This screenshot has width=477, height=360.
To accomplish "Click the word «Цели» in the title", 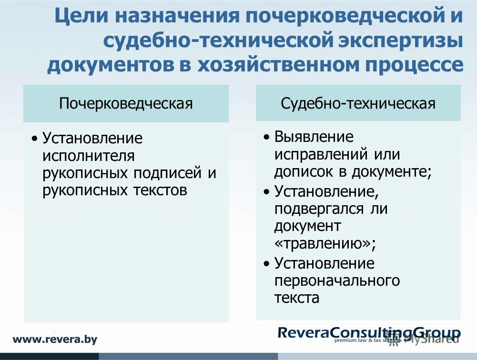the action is (x=81, y=16).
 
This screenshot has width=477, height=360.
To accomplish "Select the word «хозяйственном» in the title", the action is (x=278, y=64).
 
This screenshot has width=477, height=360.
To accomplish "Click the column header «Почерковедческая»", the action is (x=126, y=103).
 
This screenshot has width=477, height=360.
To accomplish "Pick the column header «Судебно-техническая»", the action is (x=358, y=103).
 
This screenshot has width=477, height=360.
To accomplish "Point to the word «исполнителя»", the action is (x=89, y=156).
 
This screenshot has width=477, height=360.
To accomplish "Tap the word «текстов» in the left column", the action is (x=160, y=190).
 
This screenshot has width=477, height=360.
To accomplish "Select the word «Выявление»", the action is (x=314, y=137).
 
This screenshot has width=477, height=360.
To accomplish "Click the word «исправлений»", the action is (x=321, y=154).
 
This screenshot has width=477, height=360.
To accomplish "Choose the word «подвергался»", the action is (x=319, y=209).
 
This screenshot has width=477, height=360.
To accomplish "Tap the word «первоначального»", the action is (x=337, y=281).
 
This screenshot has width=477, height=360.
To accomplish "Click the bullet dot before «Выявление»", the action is (x=267, y=138).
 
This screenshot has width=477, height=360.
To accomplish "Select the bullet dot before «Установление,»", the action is (x=267, y=192).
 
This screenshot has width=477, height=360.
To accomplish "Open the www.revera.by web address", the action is (x=55, y=340).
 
